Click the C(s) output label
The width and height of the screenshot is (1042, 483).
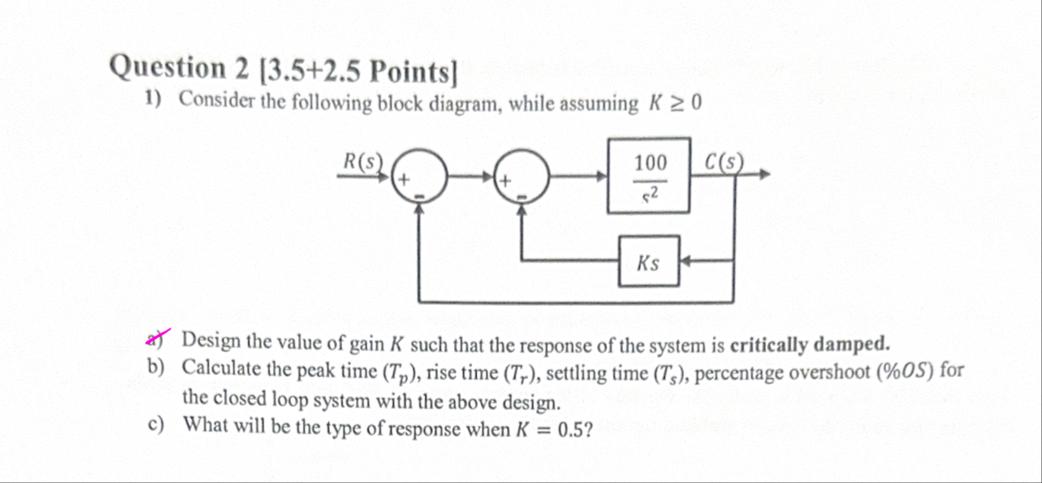[725, 162]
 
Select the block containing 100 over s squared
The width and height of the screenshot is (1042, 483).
[650, 176]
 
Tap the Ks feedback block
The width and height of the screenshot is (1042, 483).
[649, 262]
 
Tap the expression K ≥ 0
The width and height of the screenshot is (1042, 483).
[674, 103]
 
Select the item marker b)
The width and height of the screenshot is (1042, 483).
[155, 369]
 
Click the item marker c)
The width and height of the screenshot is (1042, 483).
[155, 425]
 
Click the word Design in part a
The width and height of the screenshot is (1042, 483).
[212, 342]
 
